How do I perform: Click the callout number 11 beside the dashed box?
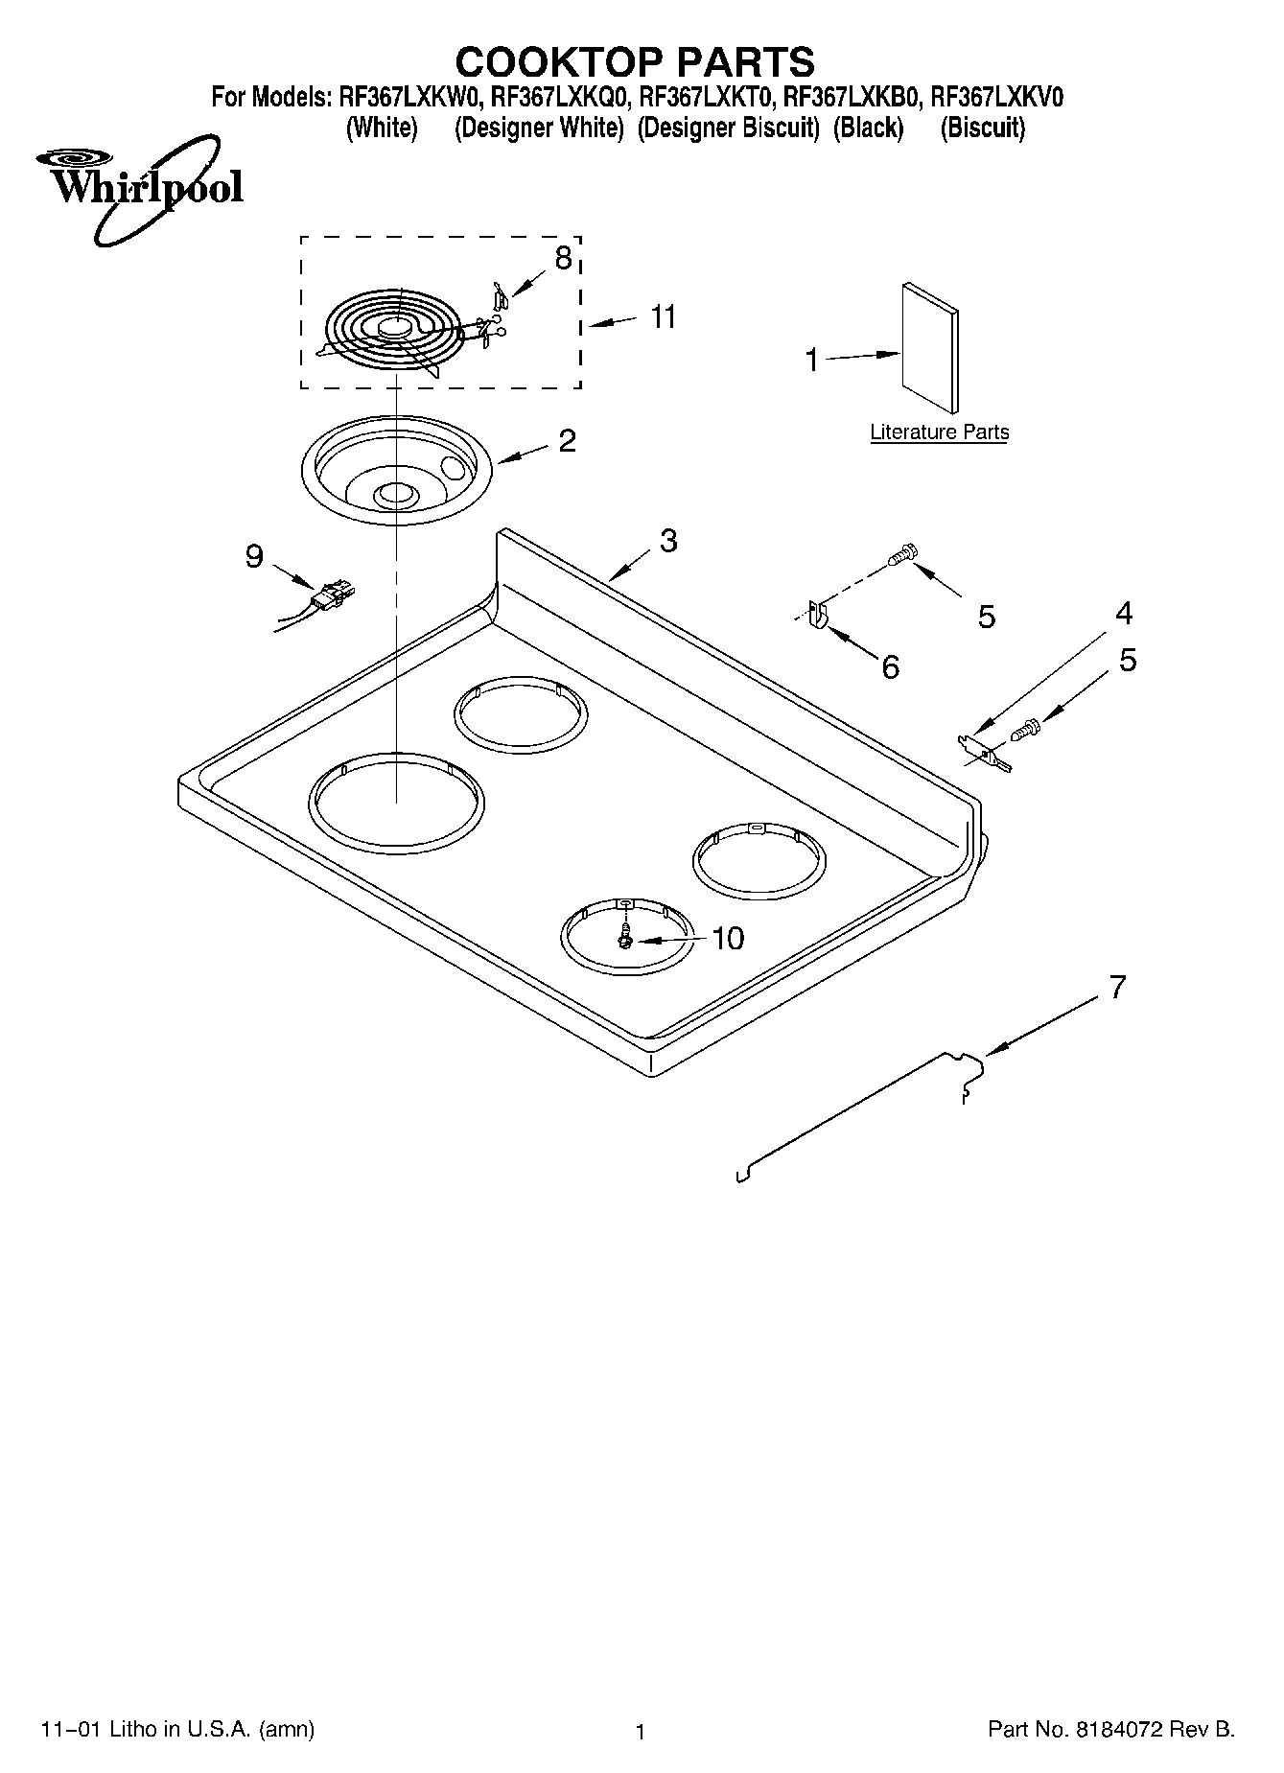pos(663,317)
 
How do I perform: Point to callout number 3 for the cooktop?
pos(668,541)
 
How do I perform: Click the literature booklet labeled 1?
pos(928,350)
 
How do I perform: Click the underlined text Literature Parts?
pos(939,432)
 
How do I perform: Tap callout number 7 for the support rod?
pos(1116,987)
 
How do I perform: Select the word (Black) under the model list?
pos(868,128)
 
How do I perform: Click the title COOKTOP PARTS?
pos(635,61)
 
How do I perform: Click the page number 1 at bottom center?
pos(641,1732)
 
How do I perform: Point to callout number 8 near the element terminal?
pos(563,258)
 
